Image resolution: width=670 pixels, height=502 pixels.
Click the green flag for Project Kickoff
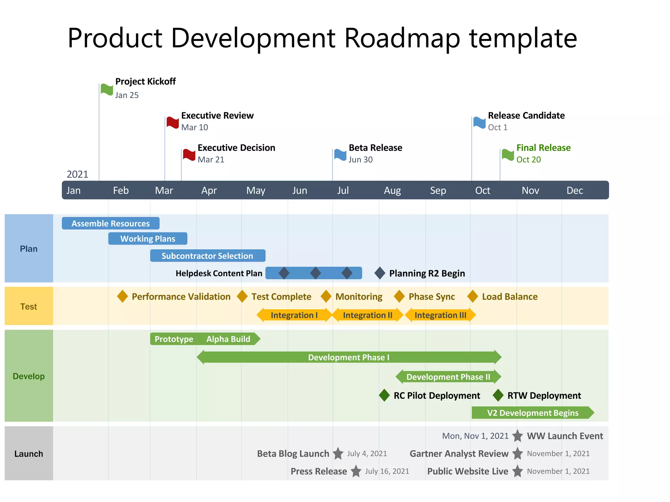tap(107, 89)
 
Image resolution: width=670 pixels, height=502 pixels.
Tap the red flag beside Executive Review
tap(172, 122)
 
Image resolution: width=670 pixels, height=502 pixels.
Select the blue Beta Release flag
tap(340, 155)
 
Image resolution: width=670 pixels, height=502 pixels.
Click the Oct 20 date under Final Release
tap(528, 159)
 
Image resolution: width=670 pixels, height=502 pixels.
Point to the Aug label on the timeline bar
tap(392, 191)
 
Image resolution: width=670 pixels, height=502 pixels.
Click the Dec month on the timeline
tap(574, 191)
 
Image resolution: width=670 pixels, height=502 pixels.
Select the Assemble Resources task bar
tap(111, 224)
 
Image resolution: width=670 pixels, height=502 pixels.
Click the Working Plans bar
tap(148, 239)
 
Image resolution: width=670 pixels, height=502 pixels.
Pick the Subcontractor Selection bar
tap(207, 256)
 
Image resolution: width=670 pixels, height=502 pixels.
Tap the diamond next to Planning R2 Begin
tap(380, 273)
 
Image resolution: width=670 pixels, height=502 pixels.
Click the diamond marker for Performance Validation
tap(122, 296)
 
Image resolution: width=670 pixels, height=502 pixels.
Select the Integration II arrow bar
tap(367, 315)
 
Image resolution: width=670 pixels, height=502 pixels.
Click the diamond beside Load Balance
tap(472, 296)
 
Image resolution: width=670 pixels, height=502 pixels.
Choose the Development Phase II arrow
tap(448, 377)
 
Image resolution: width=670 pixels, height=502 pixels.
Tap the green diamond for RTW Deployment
tap(498, 395)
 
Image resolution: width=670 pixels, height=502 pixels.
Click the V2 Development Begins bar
tap(532, 413)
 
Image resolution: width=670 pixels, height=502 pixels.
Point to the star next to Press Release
tap(356, 471)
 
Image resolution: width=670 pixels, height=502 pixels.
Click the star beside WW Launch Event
tap(518, 436)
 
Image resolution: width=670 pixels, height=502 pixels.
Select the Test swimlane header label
tap(29, 307)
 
